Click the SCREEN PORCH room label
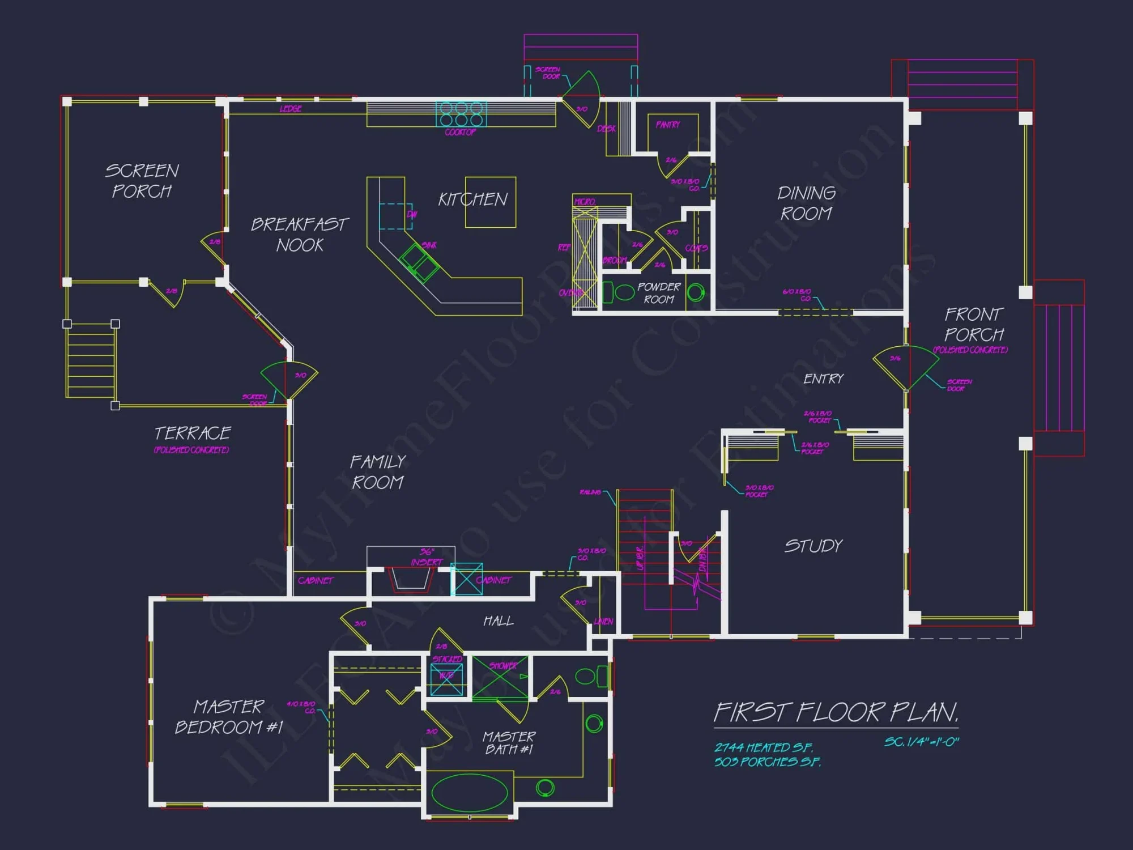tap(142, 181)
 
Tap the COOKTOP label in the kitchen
tap(460, 133)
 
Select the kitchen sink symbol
tap(419, 262)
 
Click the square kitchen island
tap(491, 202)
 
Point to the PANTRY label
tap(668, 125)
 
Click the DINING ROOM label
tap(806, 203)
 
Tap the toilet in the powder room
tap(621, 292)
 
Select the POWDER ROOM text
tap(658, 293)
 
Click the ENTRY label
tap(823, 379)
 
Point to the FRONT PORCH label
tap(973, 324)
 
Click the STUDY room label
tap(813, 546)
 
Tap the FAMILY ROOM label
tap(377, 472)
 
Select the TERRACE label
tap(193, 433)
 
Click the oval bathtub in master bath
tap(470, 793)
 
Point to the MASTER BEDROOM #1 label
tap(228, 717)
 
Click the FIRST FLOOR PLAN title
tap(836, 713)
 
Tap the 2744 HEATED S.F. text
tap(763, 748)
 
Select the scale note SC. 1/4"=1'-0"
tap(921, 742)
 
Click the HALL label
tap(499, 621)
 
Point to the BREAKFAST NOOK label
tap(300, 235)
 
